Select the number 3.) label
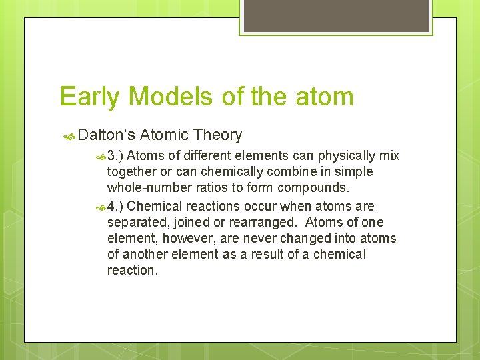point(115,156)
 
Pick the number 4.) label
point(115,207)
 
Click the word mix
point(389,156)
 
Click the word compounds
point(313,188)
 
